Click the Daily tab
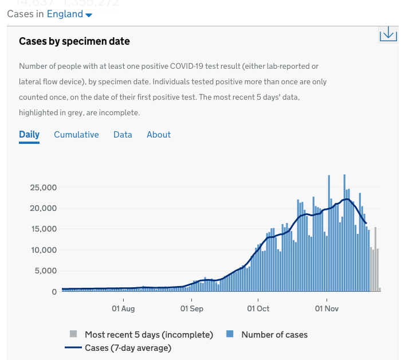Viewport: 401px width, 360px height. point(29,135)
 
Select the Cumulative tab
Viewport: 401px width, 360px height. point(76,135)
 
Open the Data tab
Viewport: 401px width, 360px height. point(123,135)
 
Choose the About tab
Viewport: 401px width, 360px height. point(159,135)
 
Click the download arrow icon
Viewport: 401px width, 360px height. point(388,34)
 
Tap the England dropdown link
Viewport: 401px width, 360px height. point(69,14)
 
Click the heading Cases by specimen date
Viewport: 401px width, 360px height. point(74,41)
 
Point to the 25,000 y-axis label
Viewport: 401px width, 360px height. point(43,187)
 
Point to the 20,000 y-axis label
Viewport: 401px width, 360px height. point(43,208)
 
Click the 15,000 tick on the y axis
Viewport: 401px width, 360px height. point(43,229)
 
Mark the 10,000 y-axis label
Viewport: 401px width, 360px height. point(43,250)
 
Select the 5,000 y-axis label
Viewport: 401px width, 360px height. point(45,271)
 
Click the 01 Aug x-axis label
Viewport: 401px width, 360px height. point(123,309)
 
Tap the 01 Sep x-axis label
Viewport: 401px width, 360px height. point(192,309)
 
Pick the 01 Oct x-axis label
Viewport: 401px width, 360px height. point(258,309)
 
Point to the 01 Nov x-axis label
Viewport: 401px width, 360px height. point(327,309)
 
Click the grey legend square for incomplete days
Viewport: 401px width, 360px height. point(73,334)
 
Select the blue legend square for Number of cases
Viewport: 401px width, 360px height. point(230,334)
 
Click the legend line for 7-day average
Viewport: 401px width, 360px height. point(73,347)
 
